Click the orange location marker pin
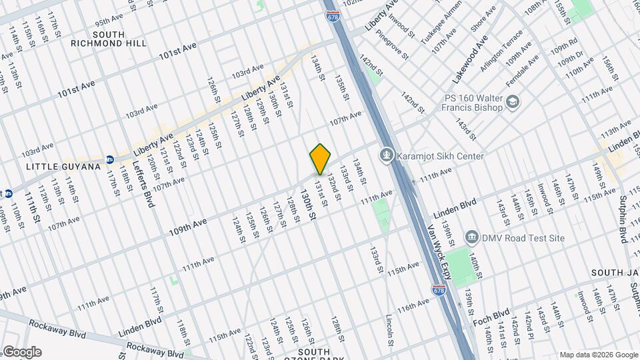[x=321, y=159]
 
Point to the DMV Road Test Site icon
[x=471, y=237]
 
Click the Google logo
[x=21, y=352]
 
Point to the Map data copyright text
[x=598, y=355]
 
